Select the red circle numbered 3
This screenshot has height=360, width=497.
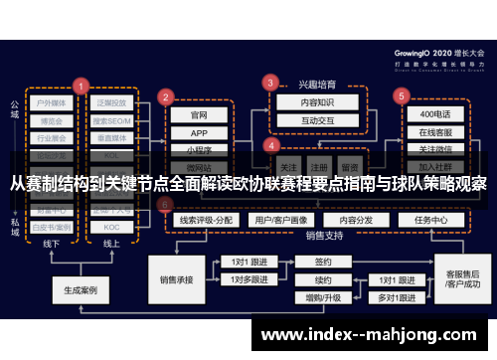(x=269, y=82)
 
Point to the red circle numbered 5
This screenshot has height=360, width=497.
(x=402, y=96)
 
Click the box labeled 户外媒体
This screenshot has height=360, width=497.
(x=51, y=102)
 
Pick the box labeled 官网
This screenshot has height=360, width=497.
(x=199, y=114)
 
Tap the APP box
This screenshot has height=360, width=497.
(x=199, y=132)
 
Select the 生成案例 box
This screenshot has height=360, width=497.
(x=81, y=290)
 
